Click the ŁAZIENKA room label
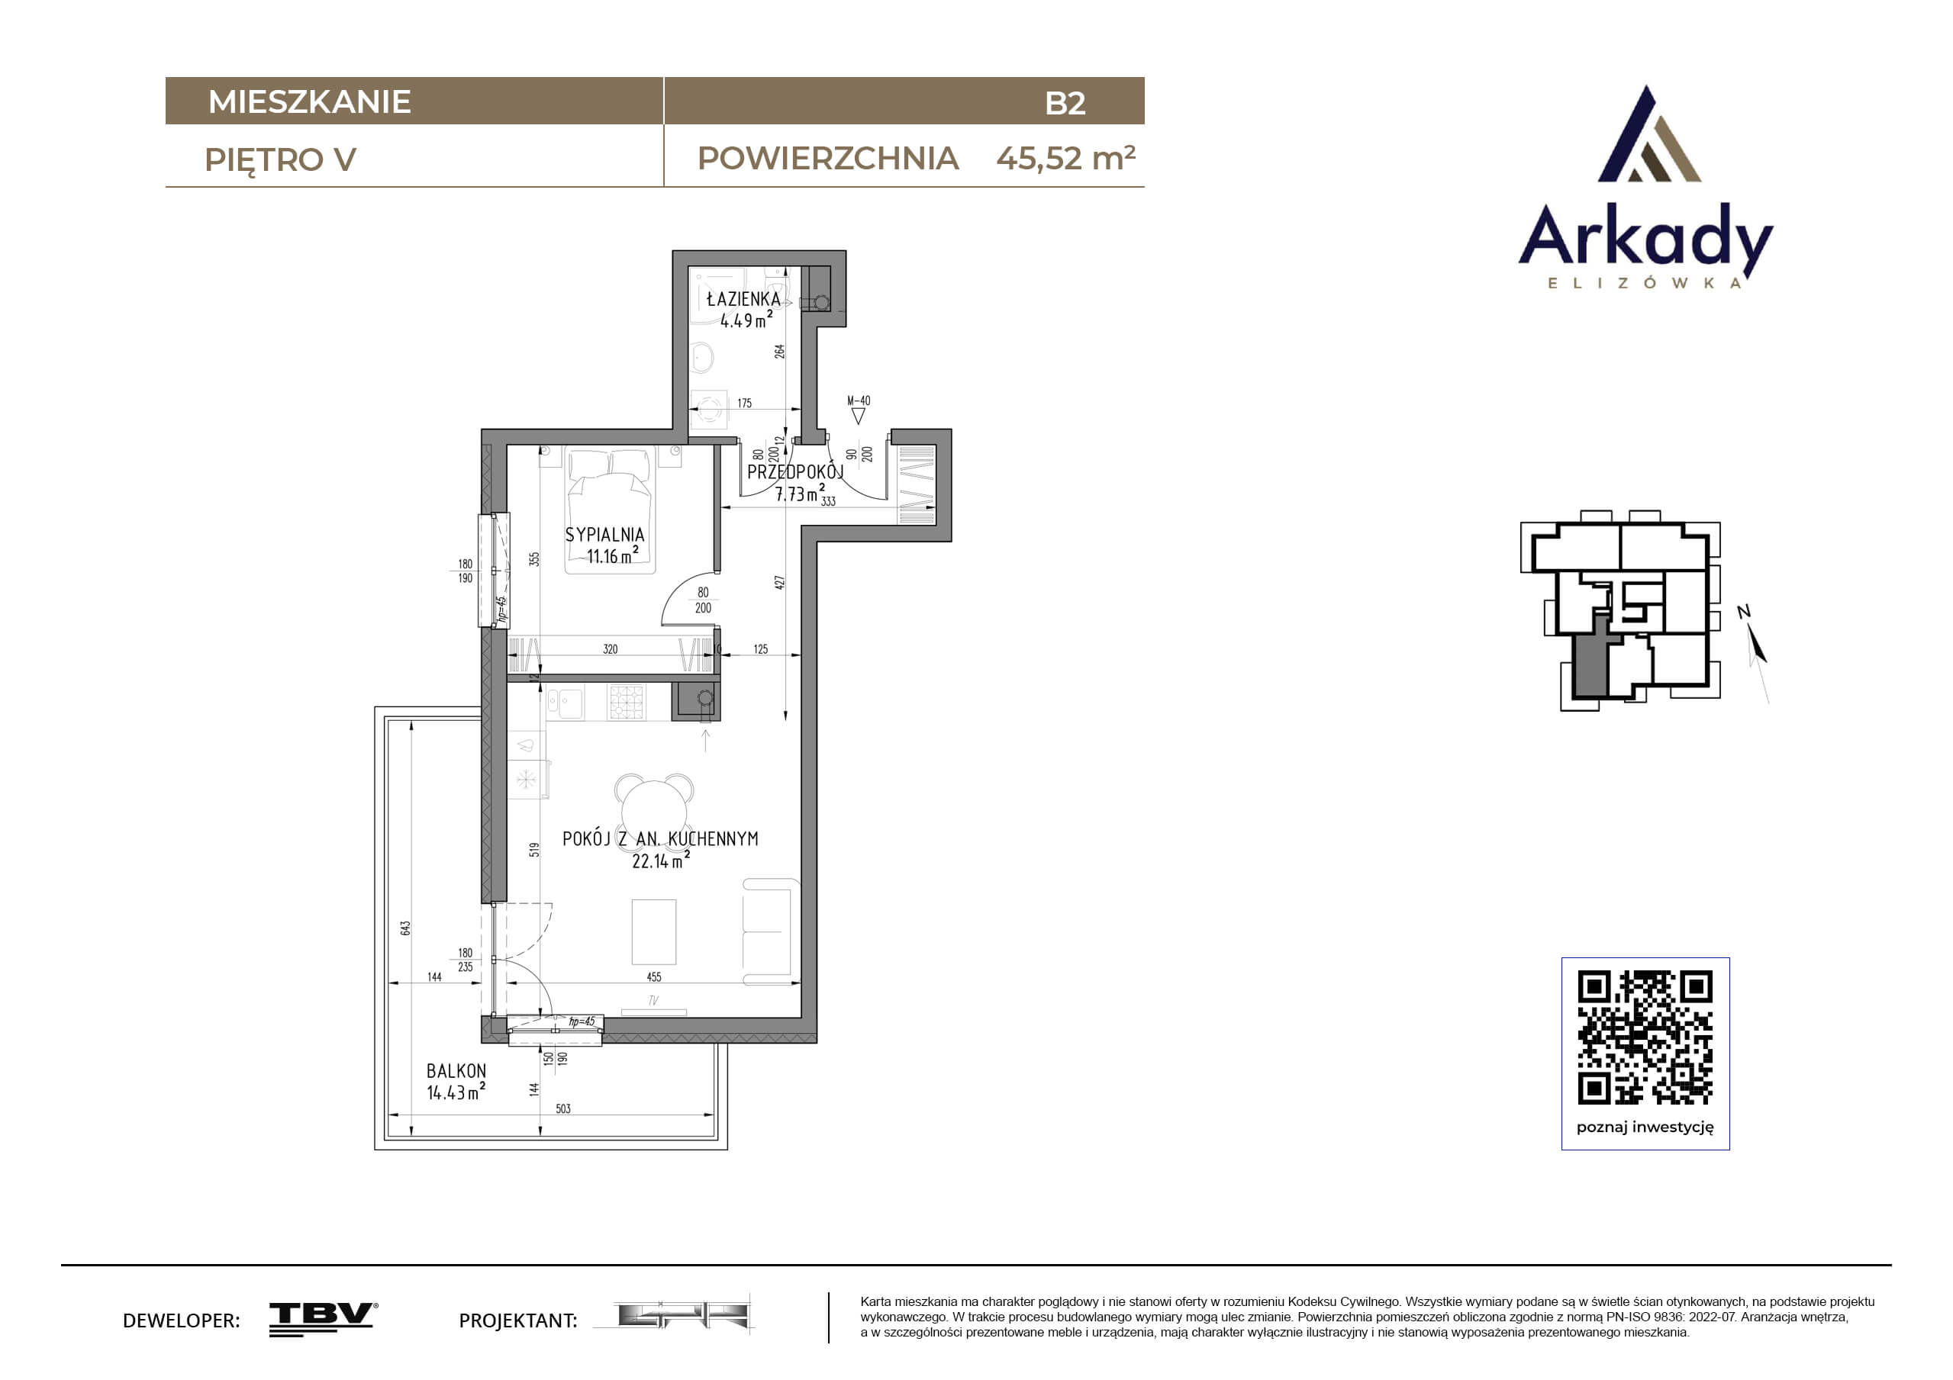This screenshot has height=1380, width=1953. tap(743, 298)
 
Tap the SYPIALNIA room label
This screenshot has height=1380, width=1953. tap(604, 535)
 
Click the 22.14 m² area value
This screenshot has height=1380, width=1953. tap(660, 860)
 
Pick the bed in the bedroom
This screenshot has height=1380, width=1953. tap(609, 511)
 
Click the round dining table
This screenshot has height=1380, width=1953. tap(653, 807)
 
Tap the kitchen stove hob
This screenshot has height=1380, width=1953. tap(627, 703)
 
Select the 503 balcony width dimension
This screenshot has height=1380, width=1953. tap(563, 1108)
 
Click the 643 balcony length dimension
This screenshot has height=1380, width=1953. tap(406, 928)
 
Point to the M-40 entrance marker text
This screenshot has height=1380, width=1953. tap(859, 400)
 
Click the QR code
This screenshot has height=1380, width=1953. tap(1645, 1037)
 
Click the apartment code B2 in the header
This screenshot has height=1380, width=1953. tap(1065, 103)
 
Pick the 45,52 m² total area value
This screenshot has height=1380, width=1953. tap(1066, 158)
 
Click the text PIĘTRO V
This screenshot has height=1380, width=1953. tap(280, 160)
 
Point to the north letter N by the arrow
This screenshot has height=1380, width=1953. tap(1743, 610)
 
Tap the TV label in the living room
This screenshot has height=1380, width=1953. tap(653, 1001)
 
